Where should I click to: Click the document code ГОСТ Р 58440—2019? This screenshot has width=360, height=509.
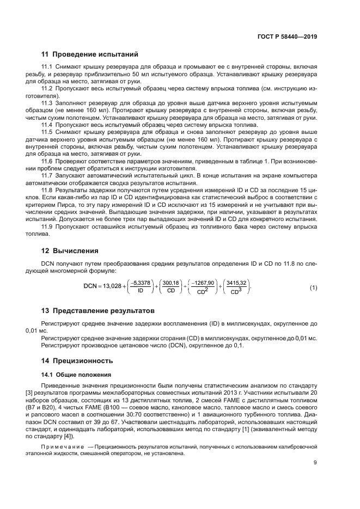[288, 37]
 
